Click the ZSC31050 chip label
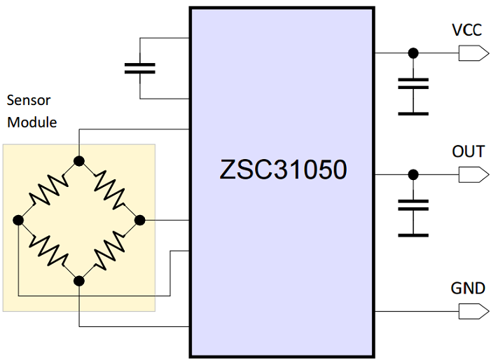(283, 170)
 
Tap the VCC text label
(468, 31)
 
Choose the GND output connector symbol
(473, 310)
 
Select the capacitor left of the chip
(139, 68)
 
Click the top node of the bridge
(79, 160)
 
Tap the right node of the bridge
(139, 220)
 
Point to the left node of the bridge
(18, 220)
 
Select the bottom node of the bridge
(79, 281)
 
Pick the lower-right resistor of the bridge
(109, 251)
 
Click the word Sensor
(28, 101)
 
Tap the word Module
(31, 123)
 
